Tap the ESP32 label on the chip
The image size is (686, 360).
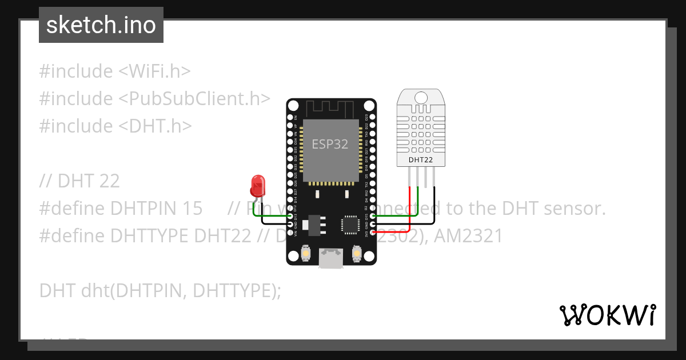click(330, 144)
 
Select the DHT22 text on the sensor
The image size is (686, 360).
click(420, 160)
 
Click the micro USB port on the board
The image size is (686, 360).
click(331, 258)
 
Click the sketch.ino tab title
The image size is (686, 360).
click(101, 25)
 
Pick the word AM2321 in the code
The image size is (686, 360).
click(469, 236)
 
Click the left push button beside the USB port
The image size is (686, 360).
click(306, 253)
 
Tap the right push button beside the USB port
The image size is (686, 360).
click(356, 253)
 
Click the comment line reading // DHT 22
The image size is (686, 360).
click(79, 181)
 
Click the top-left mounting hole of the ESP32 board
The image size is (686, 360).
click(293, 106)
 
